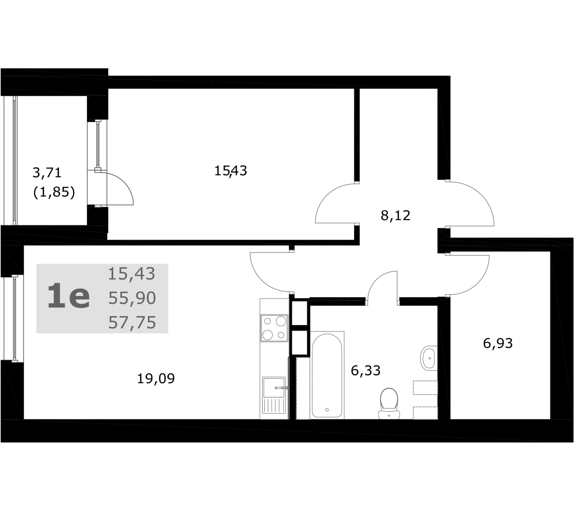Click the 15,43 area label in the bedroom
coord(231,171)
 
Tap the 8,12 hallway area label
coord(396,215)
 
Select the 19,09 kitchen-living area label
coord(156,379)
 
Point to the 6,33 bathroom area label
coord(365,370)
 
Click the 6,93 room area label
coord(498,343)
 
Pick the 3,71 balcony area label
coord(47,172)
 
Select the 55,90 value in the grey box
coord(132,298)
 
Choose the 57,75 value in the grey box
coord(132,323)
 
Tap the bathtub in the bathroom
coord(327,375)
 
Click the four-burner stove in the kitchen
coord(274,328)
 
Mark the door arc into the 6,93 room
coord(478,282)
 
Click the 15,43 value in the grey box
coord(131,274)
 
